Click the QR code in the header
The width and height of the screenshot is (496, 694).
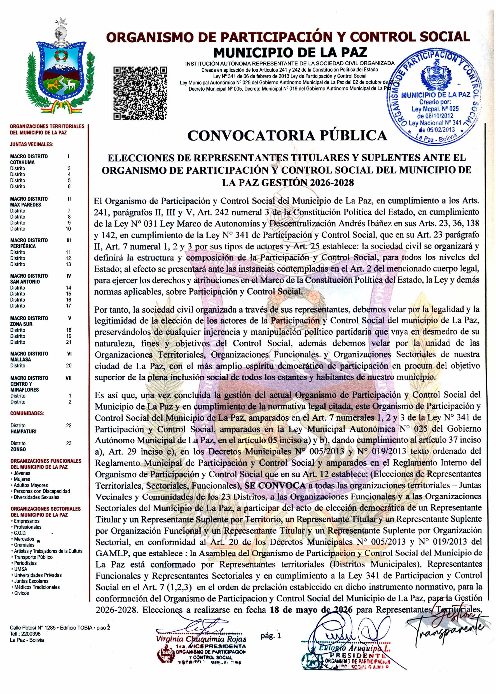click(140, 93)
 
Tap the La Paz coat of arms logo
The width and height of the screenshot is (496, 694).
click(61, 72)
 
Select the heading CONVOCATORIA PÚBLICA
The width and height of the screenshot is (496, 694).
click(287, 135)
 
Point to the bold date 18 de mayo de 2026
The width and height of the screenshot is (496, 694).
click(311, 610)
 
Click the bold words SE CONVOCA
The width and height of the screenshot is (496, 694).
click(275, 486)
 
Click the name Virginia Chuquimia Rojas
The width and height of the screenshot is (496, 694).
click(201, 639)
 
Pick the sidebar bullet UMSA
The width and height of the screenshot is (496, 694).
click(20, 569)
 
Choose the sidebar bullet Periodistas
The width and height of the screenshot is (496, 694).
click(25, 563)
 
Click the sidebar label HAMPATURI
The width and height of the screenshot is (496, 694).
click(24, 432)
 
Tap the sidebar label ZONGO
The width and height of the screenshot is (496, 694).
click(18, 449)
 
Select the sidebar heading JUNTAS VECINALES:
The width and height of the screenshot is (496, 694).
click(31, 144)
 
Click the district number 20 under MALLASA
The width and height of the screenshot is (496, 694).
click(69, 365)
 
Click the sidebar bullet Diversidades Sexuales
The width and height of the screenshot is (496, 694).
click(36, 497)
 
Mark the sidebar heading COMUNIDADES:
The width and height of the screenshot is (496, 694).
click(27, 413)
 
